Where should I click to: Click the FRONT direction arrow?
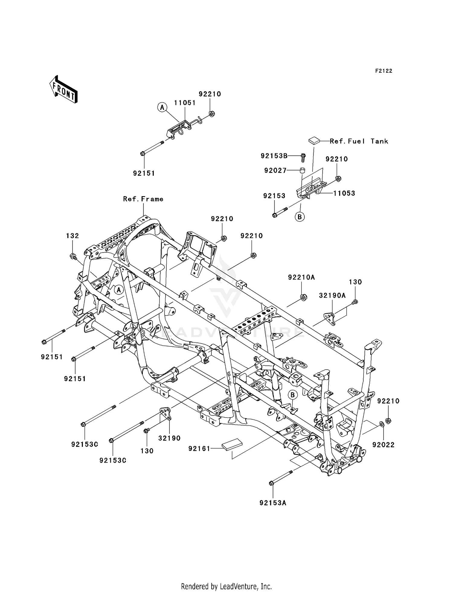(64, 90)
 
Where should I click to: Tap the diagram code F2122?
(384, 71)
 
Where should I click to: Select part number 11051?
(185, 103)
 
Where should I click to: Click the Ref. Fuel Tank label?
(359, 141)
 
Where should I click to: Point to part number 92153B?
(274, 156)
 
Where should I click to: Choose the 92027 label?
(275, 171)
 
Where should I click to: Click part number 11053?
(344, 193)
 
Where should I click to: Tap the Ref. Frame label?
(143, 199)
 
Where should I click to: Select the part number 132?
(72, 236)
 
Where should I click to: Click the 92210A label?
(301, 277)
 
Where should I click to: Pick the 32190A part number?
(332, 296)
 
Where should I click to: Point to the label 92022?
(383, 445)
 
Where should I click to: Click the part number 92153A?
(273, 503)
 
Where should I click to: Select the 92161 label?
(199, 449)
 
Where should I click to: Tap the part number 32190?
(169, 438)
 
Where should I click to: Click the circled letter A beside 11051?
(162, 107)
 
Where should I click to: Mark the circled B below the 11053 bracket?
(300, 217)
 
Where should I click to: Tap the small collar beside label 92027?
(302, 170)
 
